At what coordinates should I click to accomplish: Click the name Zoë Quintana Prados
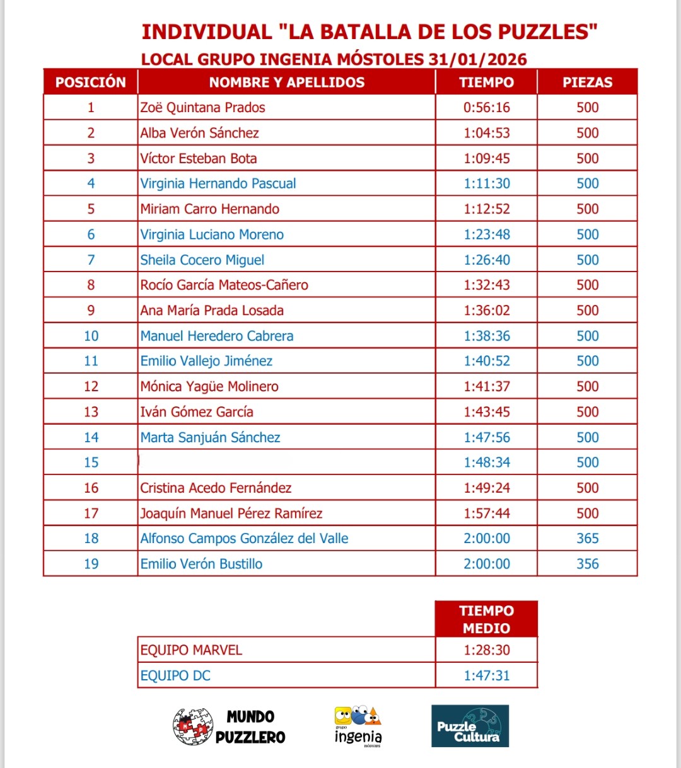coord(202,108)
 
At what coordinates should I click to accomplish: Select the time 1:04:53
coord(486,133)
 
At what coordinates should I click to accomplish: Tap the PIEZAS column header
coord(587,83)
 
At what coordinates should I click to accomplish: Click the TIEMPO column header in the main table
coord(486,83)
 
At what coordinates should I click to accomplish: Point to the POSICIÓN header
coord(91,83)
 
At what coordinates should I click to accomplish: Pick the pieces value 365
coord(587,539)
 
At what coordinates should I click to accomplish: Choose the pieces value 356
coord(587,564)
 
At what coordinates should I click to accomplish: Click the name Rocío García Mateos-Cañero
coord(224,285)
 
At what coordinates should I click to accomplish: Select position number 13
coord(91,412)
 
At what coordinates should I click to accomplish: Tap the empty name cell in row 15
coord(286,462)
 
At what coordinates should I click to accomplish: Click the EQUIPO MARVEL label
coord(191,650)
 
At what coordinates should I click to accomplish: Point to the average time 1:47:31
coord(486,676)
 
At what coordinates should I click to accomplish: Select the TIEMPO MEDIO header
coord(486,619)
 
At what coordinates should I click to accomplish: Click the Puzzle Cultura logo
coord(470,726)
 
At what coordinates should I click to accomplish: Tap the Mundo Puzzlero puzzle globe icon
coord(191,726)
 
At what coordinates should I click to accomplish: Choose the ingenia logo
coord(358,726)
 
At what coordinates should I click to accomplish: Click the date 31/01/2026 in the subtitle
coord(477,60)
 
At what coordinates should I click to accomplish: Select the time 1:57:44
coord(486,513)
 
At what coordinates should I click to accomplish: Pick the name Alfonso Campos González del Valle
coord(244,539)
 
